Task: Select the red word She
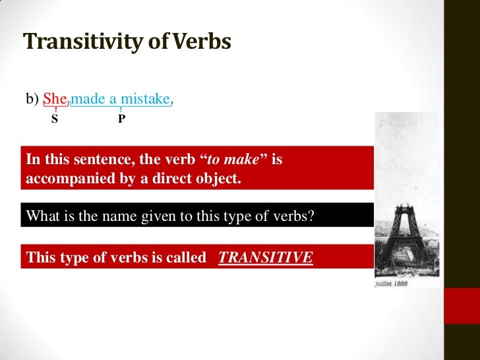coord(55,100)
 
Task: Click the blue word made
coord(87,100)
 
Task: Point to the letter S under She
coord(55,121)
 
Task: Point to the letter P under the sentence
coord(122,121)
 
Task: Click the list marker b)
coord(33,100)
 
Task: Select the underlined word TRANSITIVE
coord(265,257)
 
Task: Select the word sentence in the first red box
coord(92,160)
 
